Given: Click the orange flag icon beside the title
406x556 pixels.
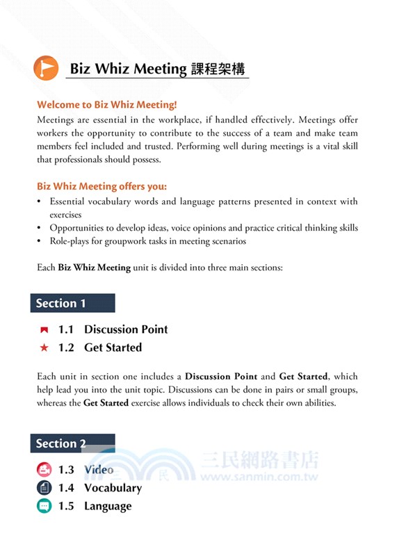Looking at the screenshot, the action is coord(46,67).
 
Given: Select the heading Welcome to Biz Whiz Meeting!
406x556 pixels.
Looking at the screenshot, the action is coord(107,105).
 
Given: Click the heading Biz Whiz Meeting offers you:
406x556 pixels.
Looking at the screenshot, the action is coord(101,186).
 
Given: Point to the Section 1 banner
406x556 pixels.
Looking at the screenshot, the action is coord(72,303).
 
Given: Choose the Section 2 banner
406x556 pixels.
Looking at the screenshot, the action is coord(72,443).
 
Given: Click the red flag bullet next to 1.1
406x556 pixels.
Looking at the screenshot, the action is coord(44,329).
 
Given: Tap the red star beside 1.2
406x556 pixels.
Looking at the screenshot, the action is coord(44,347).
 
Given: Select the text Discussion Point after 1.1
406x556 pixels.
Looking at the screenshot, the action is coord(126,329).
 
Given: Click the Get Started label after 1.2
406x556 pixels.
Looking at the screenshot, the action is coord(113,347).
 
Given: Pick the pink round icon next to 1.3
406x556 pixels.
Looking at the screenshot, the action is coord(44,470).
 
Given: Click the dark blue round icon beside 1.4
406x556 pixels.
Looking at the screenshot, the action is coord(44,488).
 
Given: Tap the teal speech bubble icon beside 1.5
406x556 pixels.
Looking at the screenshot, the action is coord(44,506).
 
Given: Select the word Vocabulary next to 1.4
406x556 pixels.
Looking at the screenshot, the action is coord(113,488).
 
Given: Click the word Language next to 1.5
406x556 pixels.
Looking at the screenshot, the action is coord(108,506).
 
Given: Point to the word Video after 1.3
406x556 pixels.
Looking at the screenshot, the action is coord(99,470).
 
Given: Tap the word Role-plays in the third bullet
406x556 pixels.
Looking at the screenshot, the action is coord(70,241).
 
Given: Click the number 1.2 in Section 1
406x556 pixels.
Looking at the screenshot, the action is coord(66,347).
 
